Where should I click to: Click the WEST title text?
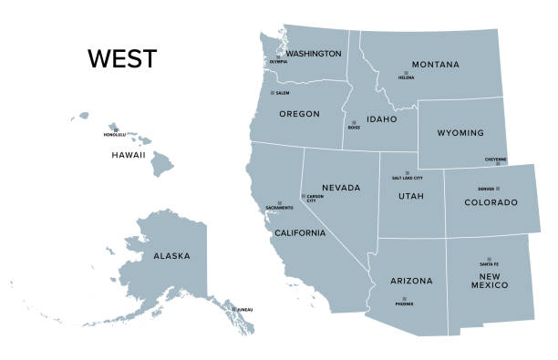(122, 59)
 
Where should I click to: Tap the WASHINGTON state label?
(314, 54)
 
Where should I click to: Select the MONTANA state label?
(435, 65)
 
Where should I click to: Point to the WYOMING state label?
(460, 133)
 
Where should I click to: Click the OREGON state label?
(298, 114)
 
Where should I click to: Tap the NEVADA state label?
(341, 188)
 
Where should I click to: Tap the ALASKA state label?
(171, 256)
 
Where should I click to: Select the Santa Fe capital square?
(489, 259)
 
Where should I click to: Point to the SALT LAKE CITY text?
(407, 178)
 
